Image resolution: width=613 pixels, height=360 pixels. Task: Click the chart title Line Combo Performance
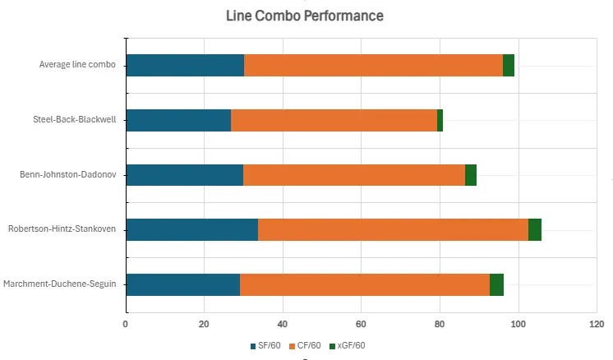click(x=305, y=16)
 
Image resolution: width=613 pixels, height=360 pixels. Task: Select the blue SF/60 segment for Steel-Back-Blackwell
click(x=178, y=120)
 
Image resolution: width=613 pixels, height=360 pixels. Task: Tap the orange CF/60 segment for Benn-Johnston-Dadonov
click(x=354, y=175)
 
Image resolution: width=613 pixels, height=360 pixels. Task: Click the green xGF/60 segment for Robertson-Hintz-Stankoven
click(x=534, y=229)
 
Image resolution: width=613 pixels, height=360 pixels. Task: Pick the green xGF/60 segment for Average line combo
click(x=509, y=65)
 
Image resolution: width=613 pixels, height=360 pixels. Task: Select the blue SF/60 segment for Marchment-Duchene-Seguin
click(x=182, y=284)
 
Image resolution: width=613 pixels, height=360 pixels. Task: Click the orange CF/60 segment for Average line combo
click(x=373, y=65)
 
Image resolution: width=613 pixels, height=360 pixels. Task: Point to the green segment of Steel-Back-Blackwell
click(x=440, y=120)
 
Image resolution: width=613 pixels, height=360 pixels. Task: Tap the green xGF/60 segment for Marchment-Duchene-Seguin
click(x=496, y=284)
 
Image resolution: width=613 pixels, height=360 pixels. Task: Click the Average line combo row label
click(x=77, y=65)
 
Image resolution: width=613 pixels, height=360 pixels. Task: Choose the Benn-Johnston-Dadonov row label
click(x=67, y=175)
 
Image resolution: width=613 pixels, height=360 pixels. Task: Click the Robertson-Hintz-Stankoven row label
click(x=62, y=229)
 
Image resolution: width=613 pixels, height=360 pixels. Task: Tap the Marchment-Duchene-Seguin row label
click(x=59, y=284)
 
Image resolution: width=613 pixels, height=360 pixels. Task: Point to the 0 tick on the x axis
click(x=126, y=324)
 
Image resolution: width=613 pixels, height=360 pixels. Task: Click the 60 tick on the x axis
click(x=361, y=324)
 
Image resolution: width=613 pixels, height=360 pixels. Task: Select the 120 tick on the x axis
click(x=596, y=324)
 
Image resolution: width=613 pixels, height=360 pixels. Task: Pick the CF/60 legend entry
click(x=304, y=345)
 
